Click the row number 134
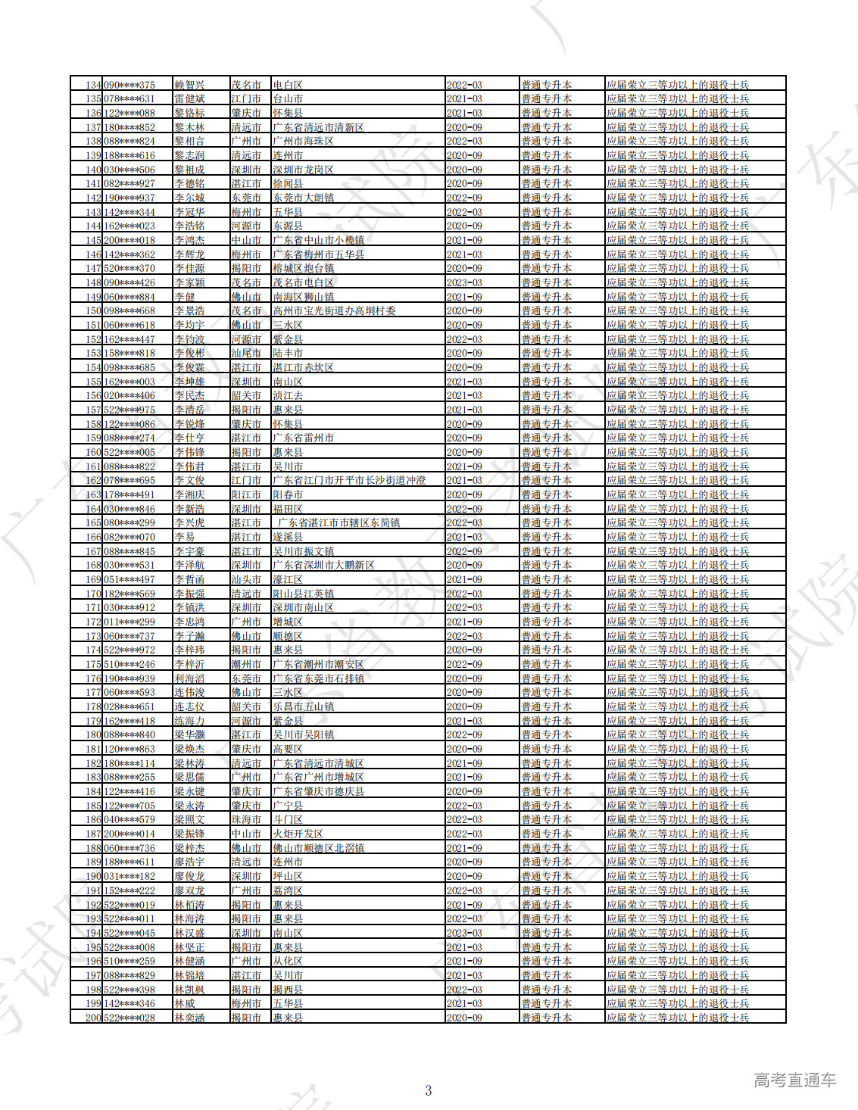coord(93,85)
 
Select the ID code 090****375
coord(129,85)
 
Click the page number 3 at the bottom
coord(429,1090)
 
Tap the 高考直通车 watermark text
coord(794,1080)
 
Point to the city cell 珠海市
coord(246,819)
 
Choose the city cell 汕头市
coord(246,579)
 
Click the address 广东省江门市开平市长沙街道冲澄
coord(349,480)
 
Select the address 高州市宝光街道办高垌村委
coord(334,310)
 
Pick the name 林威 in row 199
coord(185,1003)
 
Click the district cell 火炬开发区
coord(298,834)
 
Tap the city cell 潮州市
coord(246,664)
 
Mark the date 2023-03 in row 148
coord(464,282)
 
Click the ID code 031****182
coord(129,876)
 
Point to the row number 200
coord(93,1018)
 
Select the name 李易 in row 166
coord(185,537)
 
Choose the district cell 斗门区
coord(288,819)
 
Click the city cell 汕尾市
coord(246,353)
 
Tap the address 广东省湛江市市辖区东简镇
coord(339,522)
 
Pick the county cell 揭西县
coord(288,990)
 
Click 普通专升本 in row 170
coord(546,594)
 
